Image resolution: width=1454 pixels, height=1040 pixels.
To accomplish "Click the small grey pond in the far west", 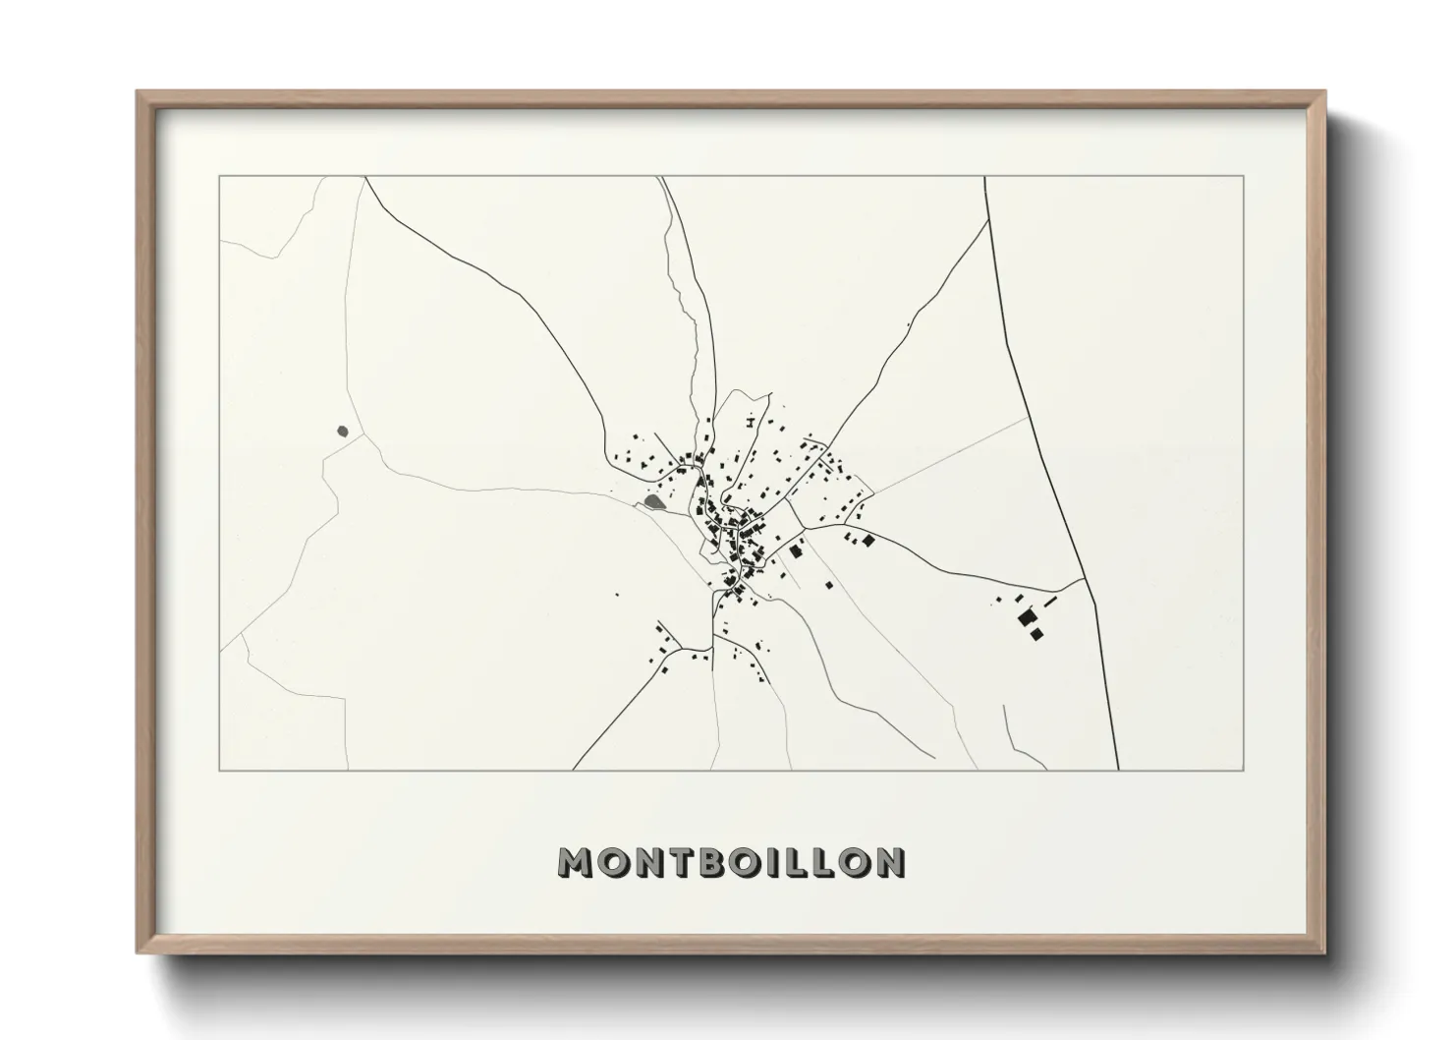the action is (x=342, y=431).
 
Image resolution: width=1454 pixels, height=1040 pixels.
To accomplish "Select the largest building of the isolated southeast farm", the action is (x=1028, y=618).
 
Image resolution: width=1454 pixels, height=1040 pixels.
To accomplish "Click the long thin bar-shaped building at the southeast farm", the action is (x=1049, y=600).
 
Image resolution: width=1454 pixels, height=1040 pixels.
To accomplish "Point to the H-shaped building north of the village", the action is (x=751, y=423).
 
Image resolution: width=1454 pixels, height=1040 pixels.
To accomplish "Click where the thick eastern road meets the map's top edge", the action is (x=985, y=177).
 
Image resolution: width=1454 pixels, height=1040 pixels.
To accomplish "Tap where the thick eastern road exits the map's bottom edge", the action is (x=1119, y=769).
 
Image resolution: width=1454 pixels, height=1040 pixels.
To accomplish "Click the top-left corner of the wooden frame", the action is (x=139, y=92).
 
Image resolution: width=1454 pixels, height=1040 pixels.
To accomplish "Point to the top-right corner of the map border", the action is (x=1244, y=176).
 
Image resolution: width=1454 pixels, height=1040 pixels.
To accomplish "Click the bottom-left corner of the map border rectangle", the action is (x=220, y=770).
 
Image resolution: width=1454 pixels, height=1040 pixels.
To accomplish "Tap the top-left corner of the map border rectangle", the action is (x=220, y=176).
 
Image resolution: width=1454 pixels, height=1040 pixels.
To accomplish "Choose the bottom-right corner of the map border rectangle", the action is (x=1244, y=770).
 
